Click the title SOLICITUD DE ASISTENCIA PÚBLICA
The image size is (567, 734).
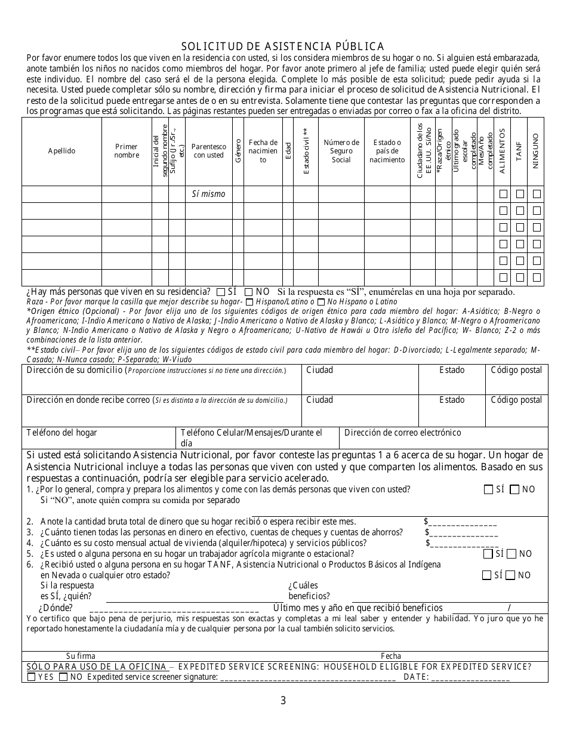(x=282, y=47)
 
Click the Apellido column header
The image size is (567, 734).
(x=62, y=151)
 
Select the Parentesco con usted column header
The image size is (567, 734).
(x=208, y=151)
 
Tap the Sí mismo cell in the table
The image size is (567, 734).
(x=208, y=194)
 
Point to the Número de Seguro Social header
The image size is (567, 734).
(x=341, y=151)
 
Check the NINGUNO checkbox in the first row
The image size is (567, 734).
(x=537, y=194)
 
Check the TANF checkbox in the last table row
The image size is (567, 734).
(x=520, y=277)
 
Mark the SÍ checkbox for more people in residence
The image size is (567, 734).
(x=221, y=292)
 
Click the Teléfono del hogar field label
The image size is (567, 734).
(x=61, y=433)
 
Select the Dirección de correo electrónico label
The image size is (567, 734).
(x=403, y=433)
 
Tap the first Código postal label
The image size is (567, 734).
(x=516, y=371)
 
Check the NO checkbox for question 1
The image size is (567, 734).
(x=514, y=490)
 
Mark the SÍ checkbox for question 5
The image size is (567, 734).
(x=488, y=554)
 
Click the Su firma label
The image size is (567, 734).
(x=81, y=656)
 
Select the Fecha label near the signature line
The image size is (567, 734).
(x=391, y=656)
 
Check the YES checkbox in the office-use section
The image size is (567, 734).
(x=32, y=677)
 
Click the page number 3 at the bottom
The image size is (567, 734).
(x=283, y=701)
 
